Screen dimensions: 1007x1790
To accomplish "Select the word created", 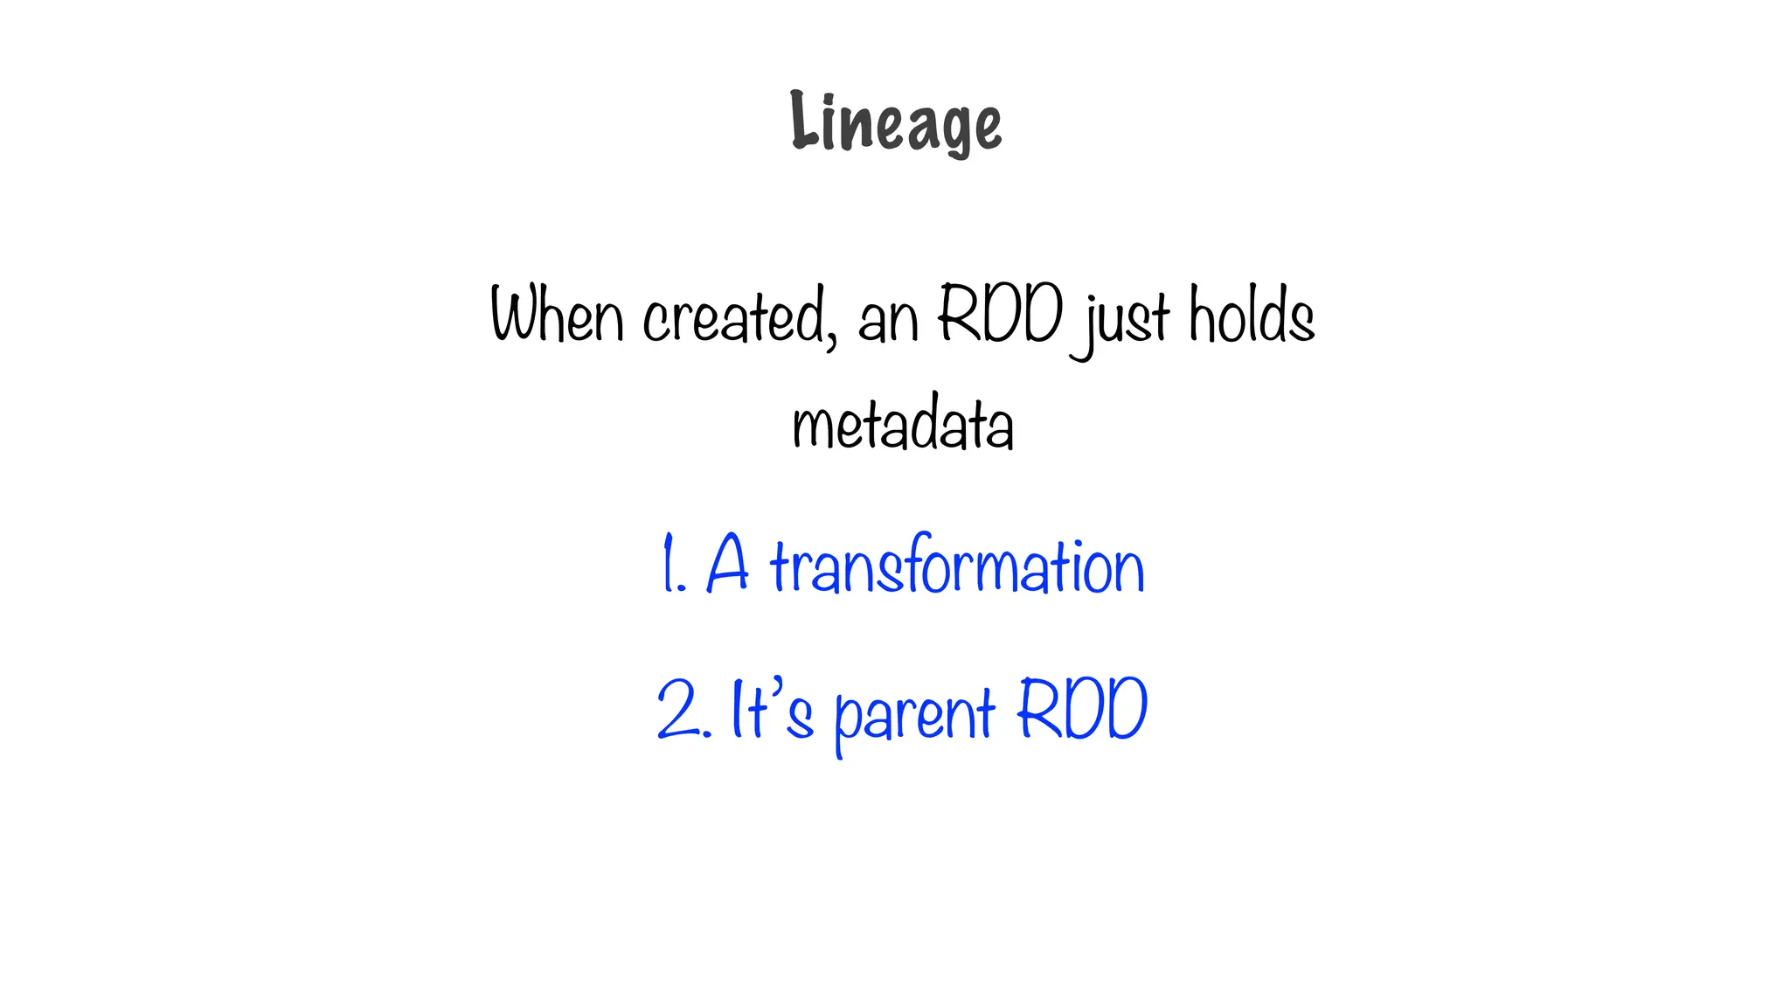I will tap(733, 316).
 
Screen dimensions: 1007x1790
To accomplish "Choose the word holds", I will tap(1252, 315).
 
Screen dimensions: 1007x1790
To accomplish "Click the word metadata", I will tap(903, 423).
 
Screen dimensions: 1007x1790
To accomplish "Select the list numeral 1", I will tap(670, 565).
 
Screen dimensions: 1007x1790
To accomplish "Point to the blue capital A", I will tap(727, 564).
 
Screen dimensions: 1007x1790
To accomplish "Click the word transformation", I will tap(957, 566).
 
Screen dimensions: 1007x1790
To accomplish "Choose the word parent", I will tap(914, 715).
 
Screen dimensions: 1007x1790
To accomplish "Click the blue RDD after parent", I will tap(1082, 708).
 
